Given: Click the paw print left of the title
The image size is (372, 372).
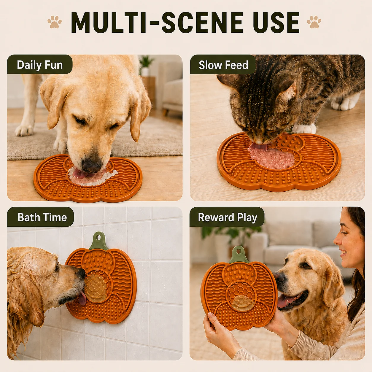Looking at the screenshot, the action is (55, 22).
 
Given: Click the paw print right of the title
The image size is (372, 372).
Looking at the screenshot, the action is (314, 22).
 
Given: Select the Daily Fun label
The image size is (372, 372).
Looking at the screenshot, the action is (40, 65).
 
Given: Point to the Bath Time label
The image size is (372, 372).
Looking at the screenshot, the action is (42, 217).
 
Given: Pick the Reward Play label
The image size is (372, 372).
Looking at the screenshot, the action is (228, 217).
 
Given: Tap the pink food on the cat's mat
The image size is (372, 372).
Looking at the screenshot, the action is (271, 157).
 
